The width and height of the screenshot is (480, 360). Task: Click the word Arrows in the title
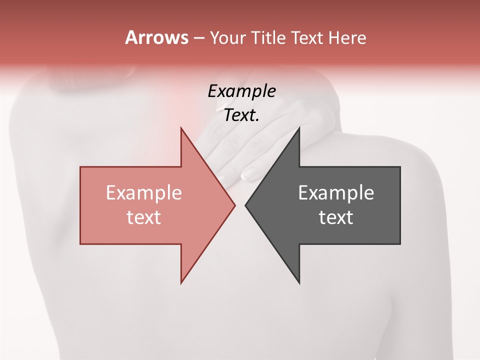[157, 37]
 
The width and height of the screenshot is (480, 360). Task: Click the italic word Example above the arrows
[241, 91]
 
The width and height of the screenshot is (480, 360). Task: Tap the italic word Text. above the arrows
[241, 115]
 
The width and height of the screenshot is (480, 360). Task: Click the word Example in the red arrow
[144, 193]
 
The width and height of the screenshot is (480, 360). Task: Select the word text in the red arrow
[144, 217]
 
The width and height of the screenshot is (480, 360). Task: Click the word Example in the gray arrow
[336, 193]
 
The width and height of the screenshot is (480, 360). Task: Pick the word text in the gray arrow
[336, 217]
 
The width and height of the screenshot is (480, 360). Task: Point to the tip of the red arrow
[234, 205]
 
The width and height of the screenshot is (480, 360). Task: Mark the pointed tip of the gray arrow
[245, 205]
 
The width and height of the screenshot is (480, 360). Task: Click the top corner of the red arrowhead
[181, 128]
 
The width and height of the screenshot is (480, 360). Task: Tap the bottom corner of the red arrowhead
[181, 283]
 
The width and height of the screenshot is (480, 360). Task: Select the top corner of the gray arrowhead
[299, 128]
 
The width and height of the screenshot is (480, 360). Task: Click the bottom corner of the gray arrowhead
[299, 283]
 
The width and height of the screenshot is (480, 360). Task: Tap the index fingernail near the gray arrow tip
[248, 174]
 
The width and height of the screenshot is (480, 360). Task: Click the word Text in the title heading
[307, 38]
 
